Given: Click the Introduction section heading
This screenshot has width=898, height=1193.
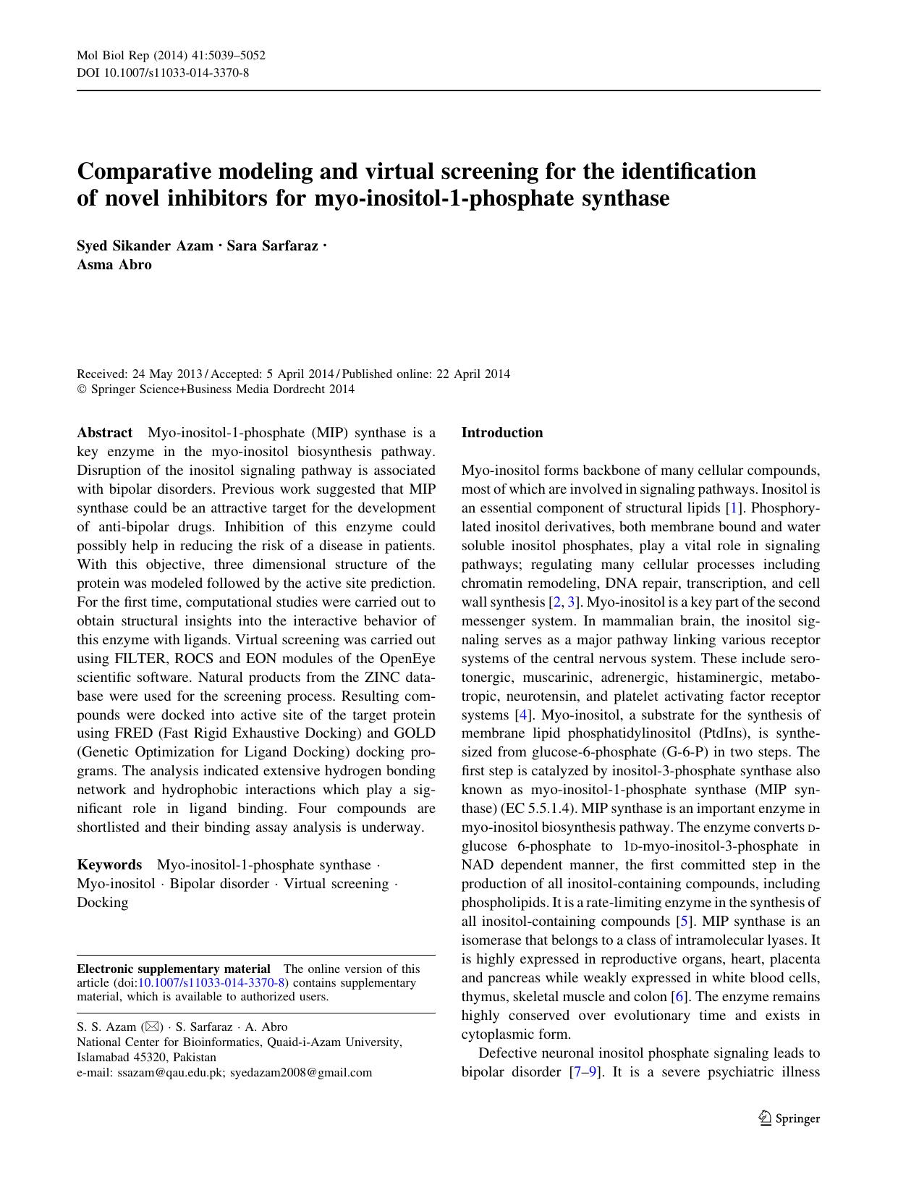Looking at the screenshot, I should pyautogui.click(x=501, y=433).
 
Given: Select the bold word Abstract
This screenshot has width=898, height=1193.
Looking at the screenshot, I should pyautogui.click(x=104, y=433).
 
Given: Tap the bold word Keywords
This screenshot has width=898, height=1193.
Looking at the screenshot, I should pyautogui.click(x=109, y=865).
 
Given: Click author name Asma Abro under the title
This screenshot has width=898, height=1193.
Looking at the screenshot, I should pyautogui.click(x=114, y=264).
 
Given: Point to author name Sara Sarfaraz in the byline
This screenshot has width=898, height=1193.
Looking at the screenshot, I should pyautogui.click(x=272, y=246).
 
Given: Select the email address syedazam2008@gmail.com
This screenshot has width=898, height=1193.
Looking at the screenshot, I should pyautogui.click(x=301, y=1073).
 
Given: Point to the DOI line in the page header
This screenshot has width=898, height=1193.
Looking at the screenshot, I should pyautogui.click(x=163, y=73).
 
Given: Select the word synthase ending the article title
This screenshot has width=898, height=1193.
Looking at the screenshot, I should pyautogui.click(x=626, y=198).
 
